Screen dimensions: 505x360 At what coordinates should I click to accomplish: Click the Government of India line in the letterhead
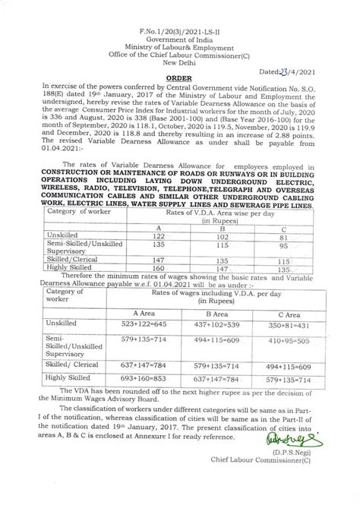pos(179,19)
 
